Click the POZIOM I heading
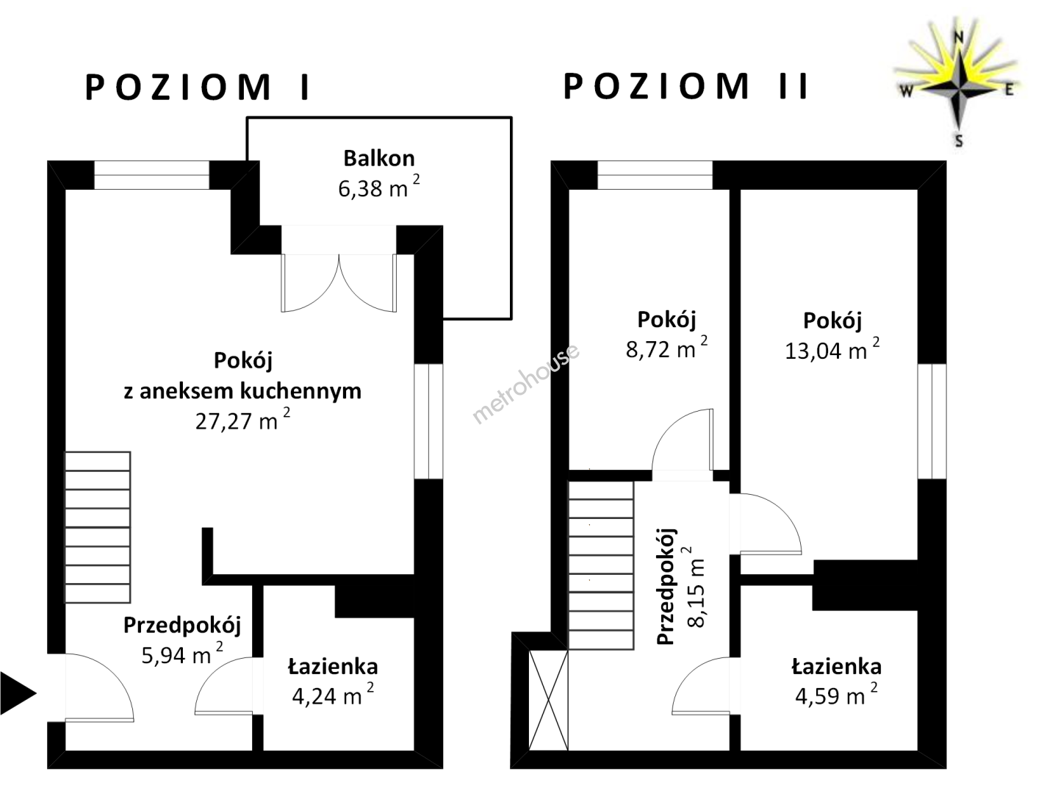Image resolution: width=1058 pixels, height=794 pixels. point(197,87)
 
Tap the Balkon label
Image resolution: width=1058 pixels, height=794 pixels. point(379,159)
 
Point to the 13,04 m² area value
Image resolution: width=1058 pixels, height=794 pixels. point(832,349)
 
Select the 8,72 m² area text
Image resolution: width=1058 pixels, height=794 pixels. point(666,348)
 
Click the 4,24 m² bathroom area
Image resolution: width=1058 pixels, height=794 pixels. point(333,695)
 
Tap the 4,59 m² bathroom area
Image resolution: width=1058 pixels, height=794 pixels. point(836,695)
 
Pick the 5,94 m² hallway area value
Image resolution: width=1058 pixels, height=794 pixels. point(182,654)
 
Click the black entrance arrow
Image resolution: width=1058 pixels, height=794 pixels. point(18,694)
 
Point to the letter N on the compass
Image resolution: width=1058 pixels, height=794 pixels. point(959,37)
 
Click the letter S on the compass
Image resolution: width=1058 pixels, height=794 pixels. point(959,140)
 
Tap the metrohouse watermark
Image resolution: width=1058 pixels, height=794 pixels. point(526,384)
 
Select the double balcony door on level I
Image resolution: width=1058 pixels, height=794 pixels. point(339,283)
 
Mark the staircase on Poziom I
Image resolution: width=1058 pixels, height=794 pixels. point(98,527)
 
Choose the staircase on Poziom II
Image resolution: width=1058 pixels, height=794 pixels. point(601,565)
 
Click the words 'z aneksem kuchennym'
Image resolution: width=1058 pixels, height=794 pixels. point(242,390)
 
